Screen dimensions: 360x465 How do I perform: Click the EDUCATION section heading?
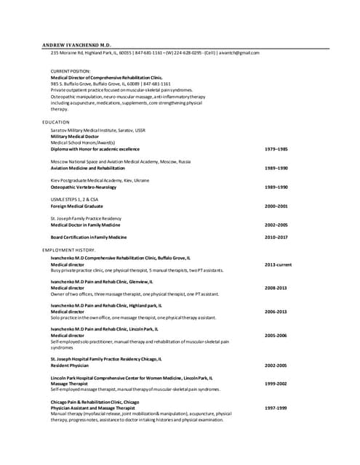[x=56, y=122]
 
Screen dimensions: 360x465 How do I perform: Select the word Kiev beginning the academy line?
[x=56, y=180]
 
